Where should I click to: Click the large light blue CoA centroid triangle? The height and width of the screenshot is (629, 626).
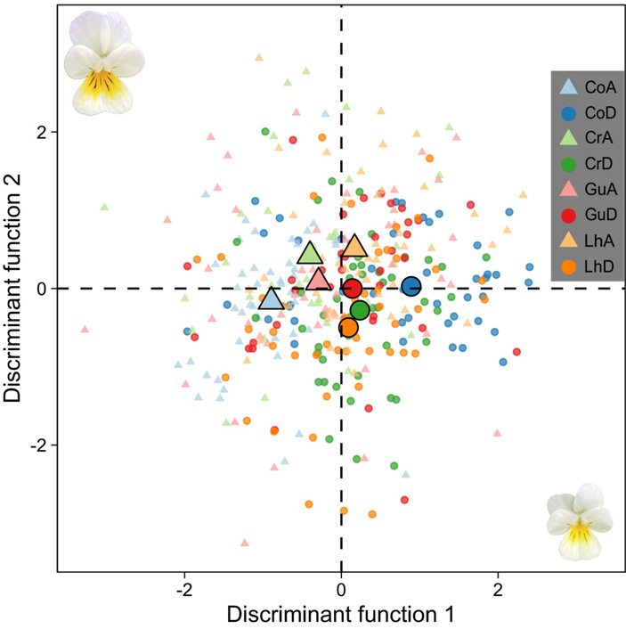[x=271, y=299]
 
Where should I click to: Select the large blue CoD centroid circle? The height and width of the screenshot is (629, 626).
[x=411, y=286]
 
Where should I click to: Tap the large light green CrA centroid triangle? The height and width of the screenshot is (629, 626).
[x=310, y=253]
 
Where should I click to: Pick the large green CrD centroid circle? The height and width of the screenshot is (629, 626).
[x=360, y=310]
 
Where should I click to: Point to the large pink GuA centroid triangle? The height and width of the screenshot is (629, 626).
[x=318, y=280]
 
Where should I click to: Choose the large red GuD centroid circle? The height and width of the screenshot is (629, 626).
[x=353, y=288]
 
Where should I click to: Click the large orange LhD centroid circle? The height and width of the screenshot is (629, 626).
[x=348, y=327]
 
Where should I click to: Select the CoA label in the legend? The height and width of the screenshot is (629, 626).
[x=601, y=86]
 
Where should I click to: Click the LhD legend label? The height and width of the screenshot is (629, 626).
[x=601, y=265]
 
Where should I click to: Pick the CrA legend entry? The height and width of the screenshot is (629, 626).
[x=601, y=137]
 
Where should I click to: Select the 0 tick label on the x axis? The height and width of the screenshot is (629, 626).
[x=341, y=590]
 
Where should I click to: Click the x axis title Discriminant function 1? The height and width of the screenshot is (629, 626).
[x=341, y=615]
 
